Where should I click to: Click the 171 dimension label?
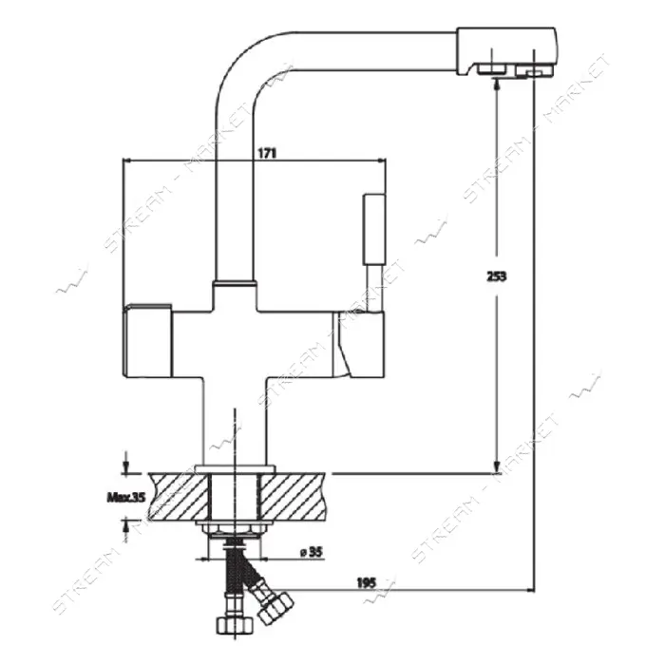coord(267,153)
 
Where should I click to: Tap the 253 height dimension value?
coord(497,276)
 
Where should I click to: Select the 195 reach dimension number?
coord(366,582)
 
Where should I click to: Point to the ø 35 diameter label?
coord(312,552)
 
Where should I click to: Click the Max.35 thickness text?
coord(126,497)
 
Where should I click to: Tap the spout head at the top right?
coord(506,51)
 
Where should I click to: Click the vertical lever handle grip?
coord(374,230)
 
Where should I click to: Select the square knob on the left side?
coord(147,340)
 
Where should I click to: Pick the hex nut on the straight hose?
coord(235,625)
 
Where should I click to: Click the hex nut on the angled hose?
coord(276,608)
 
